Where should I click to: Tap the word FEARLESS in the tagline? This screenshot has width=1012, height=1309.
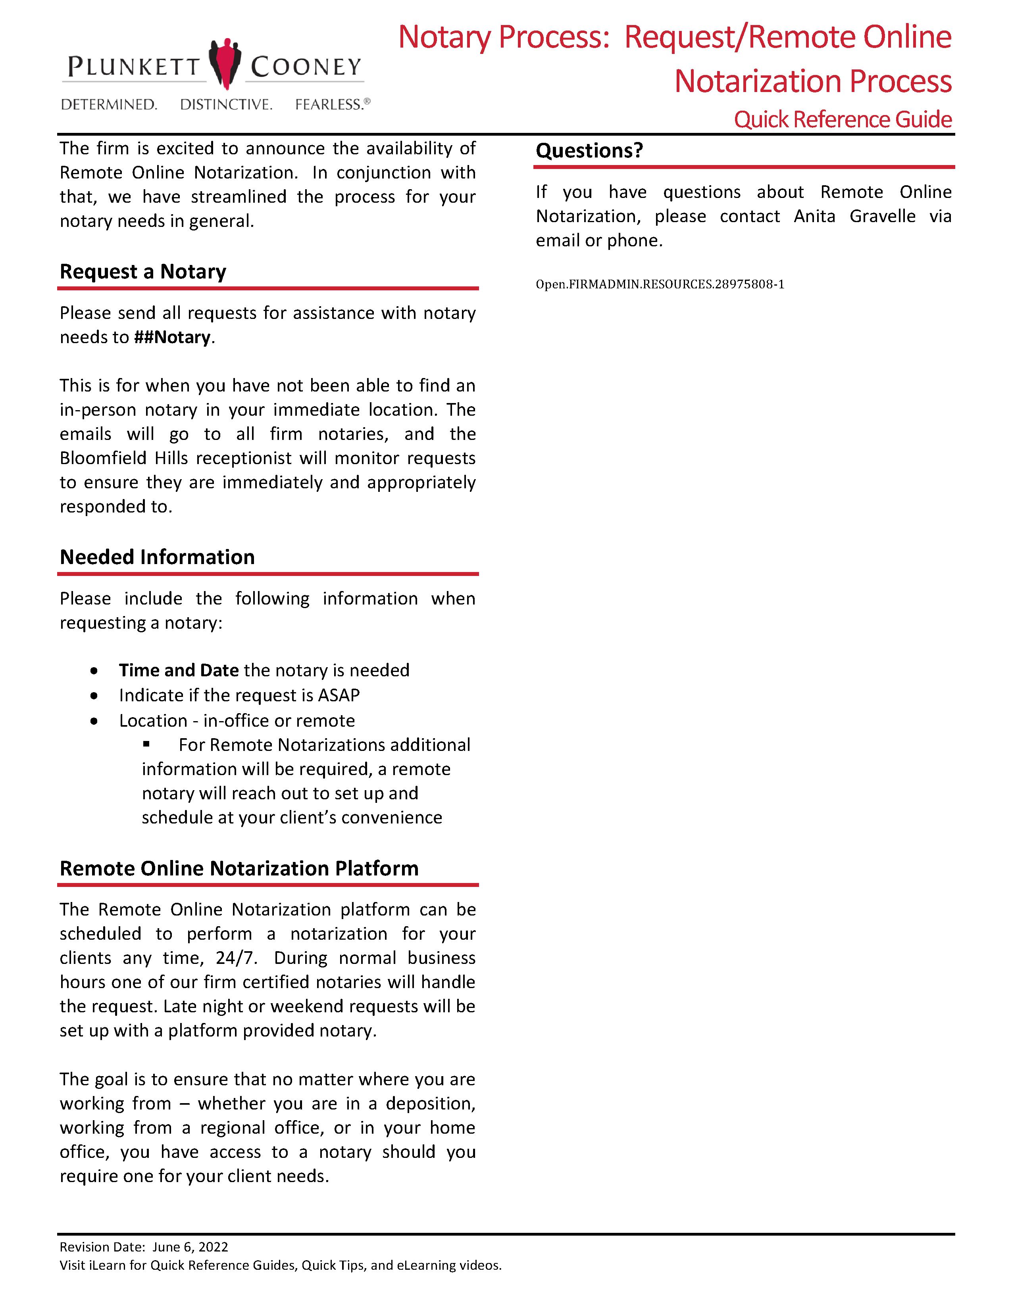[329, 105]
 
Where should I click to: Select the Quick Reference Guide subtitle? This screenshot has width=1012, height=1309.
[842, 119]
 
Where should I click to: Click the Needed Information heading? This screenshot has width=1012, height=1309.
[157, 557]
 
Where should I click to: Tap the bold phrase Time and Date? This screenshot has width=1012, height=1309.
[179, 670]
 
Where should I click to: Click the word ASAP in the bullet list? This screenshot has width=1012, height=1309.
[339, 695]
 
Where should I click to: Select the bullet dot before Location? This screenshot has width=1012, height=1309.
[94, 721]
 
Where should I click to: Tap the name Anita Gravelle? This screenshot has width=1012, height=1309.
[854, 216]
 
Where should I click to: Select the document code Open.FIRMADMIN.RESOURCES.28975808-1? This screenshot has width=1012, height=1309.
[660, 284]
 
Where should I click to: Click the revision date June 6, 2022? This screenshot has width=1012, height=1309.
[190, 1247]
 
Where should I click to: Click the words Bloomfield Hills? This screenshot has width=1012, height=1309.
[124, 459]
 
